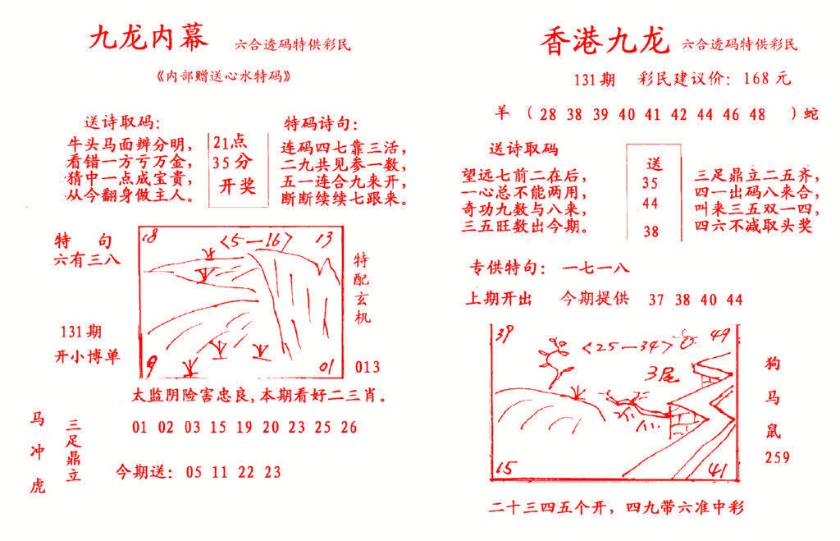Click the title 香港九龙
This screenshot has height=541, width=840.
coord(605,40)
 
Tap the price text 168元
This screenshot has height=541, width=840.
coord(766,80)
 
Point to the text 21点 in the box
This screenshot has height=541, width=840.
coord(231,142)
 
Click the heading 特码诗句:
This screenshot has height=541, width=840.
coord(321,124)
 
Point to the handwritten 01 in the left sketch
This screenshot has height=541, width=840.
coord(326,364)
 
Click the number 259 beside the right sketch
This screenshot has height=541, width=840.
coord(777,457)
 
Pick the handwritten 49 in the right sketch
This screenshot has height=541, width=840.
coord(721,334)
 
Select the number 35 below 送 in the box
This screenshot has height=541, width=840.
coord(651,183)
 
